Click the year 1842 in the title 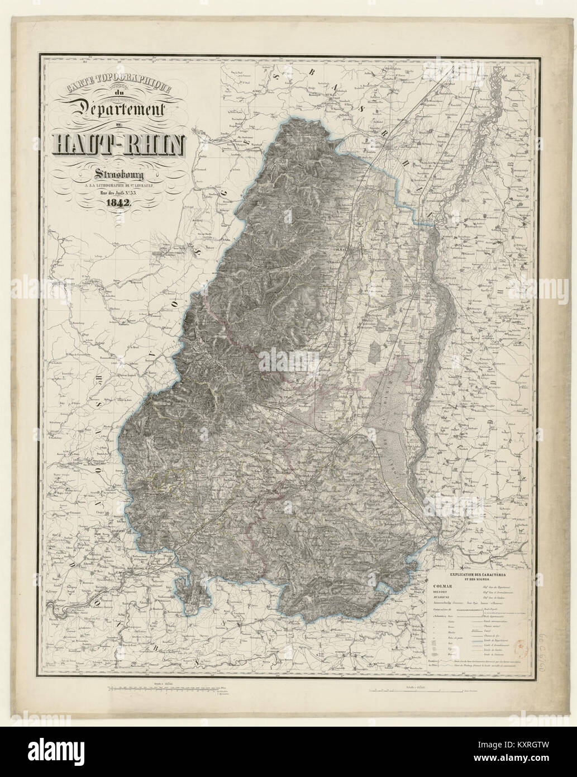[x=115, y=203]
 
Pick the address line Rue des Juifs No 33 [x=116, y=193]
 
